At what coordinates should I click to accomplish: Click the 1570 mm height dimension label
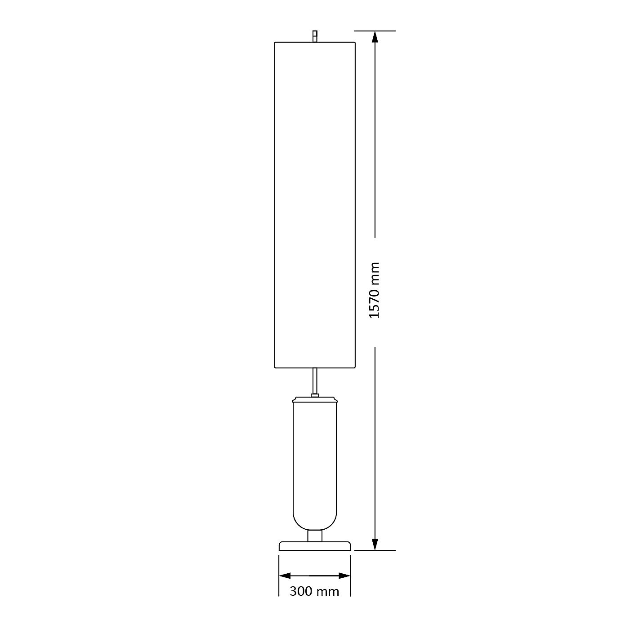pos(374,291)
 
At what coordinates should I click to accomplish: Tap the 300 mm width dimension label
pos(314,591)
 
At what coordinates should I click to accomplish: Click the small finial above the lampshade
pos(315,36)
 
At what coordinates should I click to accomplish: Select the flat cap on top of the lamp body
pos(315,399)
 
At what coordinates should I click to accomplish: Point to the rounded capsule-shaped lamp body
pos(315,467)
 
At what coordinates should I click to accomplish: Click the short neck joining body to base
pos(315,536)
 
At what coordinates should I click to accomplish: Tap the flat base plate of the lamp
pos(315,546)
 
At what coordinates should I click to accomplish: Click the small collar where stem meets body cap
pos(315,395)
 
